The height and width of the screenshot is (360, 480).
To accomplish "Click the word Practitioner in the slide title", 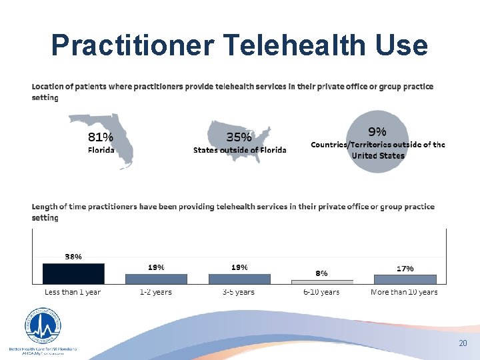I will coord(132,45).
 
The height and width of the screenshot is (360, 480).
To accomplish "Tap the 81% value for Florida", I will coord(101,137).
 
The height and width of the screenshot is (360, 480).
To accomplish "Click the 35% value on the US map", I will coord(239,137).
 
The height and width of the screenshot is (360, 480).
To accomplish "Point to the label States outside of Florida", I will coord(239,150).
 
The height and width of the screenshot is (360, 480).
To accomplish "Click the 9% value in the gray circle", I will coord(377,131).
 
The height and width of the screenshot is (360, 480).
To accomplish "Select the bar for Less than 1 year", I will coord(73,274).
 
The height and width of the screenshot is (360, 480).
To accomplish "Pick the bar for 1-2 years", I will coord(156,279).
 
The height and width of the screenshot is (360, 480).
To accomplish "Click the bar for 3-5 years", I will coord(239,279).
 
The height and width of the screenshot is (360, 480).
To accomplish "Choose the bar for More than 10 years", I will coord(405,279).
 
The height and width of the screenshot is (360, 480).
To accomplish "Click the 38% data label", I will coord(73,256).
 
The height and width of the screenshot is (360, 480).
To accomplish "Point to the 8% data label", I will coord(321,273).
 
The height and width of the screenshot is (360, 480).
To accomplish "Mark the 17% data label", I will coord(405,268).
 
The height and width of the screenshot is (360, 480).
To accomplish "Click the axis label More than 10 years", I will coord(405,292).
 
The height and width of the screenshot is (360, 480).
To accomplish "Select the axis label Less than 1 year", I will coord(73,292).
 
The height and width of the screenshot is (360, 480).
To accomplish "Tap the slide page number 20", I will coord(463,343).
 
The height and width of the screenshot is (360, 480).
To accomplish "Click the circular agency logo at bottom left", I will coord(42,327).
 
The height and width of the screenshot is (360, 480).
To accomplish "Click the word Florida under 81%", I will coord(101,150).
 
